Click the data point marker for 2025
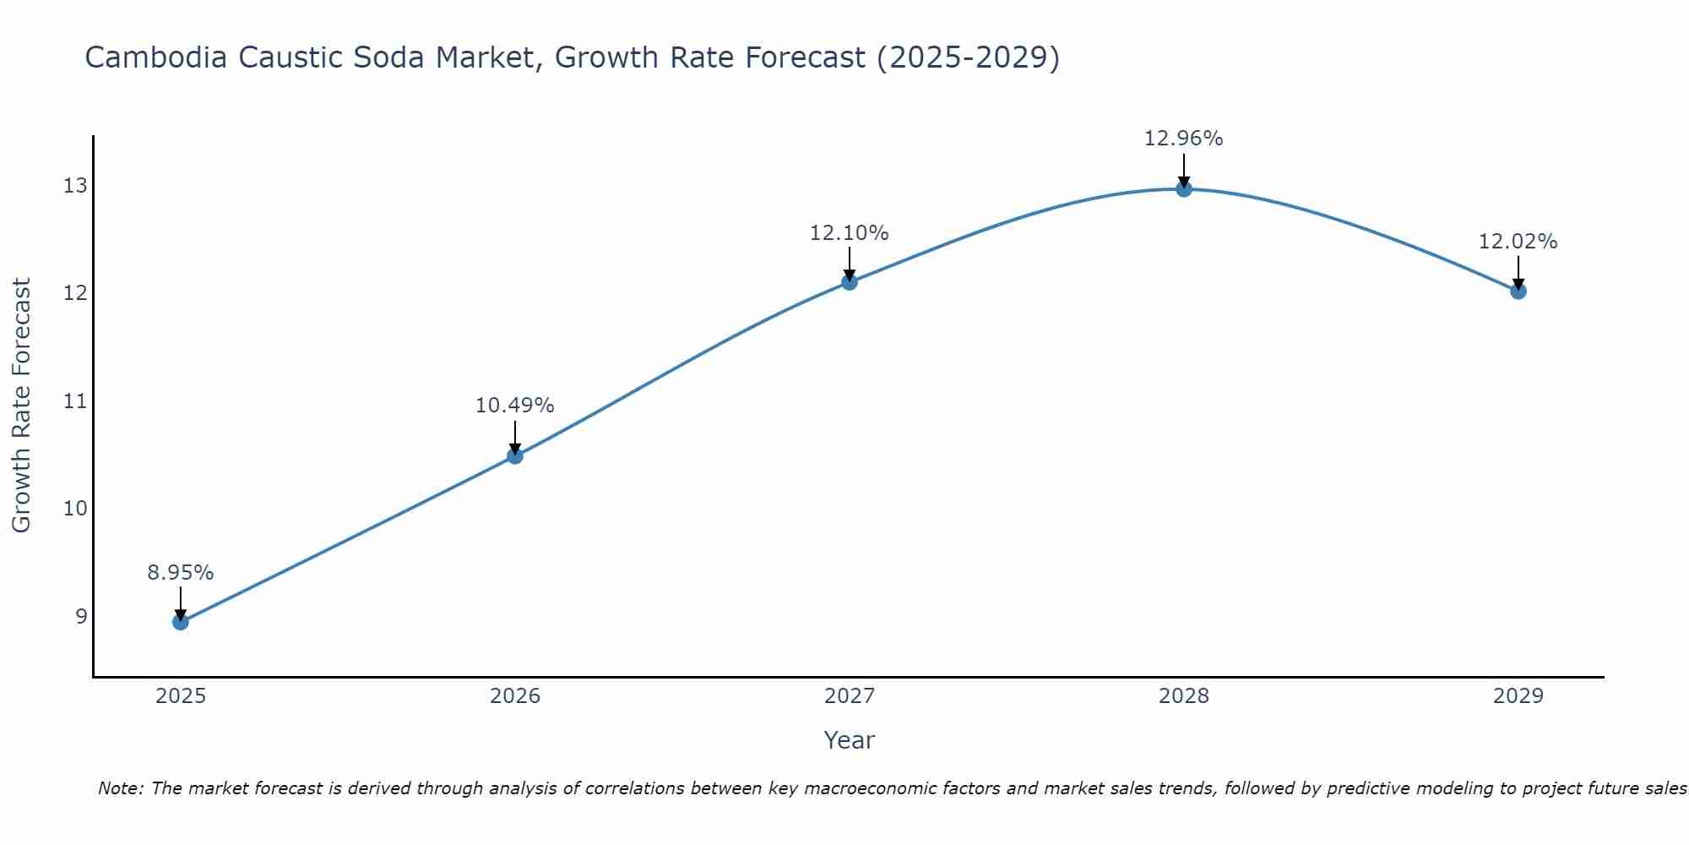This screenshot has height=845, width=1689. point(180,622)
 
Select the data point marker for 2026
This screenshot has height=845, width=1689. point(514,456)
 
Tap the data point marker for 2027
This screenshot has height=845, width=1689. point(850,282)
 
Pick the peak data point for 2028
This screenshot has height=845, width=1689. point(1184,189)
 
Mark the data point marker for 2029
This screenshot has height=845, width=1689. point(1518,292)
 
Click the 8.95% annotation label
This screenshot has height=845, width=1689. point(180,573)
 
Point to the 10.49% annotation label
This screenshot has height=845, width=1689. point(514,406)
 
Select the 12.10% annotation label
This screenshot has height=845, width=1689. point(849,233)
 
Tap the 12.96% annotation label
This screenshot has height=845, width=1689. point(1183,139)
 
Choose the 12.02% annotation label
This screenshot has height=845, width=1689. point(1518,242)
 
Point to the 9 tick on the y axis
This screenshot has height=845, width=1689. point(81,616)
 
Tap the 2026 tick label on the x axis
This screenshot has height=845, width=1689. point(515,696)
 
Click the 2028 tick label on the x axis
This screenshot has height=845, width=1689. point(1184,696)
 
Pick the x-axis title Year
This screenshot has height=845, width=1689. point(849,740)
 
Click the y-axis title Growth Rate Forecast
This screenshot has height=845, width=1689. point(22,406)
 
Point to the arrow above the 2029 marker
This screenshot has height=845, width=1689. point(1518,272)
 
